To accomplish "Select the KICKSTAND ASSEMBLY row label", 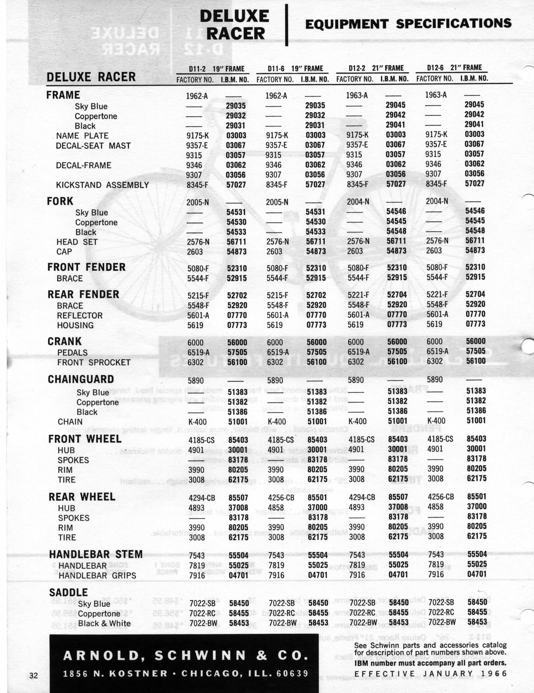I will (x=102, y=185).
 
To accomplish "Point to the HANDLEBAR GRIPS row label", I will (x=97, y=576).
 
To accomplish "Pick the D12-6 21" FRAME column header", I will (x=454, y=68).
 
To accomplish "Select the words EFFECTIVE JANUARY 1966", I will (x=430, y=674).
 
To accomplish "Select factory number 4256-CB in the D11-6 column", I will (x=281, y=497).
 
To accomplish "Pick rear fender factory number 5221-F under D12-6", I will (x=437, y=295).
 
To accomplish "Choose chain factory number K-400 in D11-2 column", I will (x=197, y=422).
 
